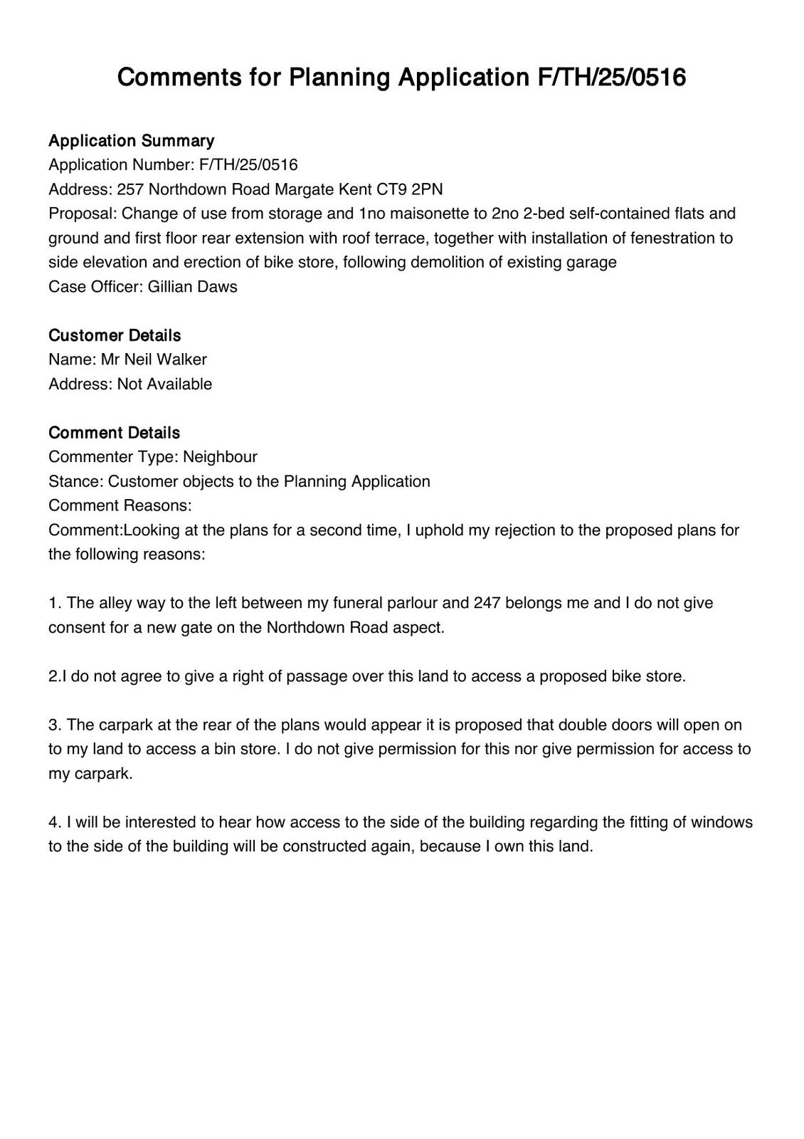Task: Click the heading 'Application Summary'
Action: click(x=131, y=140)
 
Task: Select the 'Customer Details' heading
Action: click(x=115, y=335)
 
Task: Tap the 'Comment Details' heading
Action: click(x=114, y=433)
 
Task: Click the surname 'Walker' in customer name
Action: click(x=181, y=359)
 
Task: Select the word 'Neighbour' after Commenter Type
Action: click(x=220, y=457)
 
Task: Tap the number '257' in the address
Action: click(x=131, y=189)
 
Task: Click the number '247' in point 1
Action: click(x=487, y=604)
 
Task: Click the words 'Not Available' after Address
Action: click(x=164, y=384)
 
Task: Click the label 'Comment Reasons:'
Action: click(x=120, y=506)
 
